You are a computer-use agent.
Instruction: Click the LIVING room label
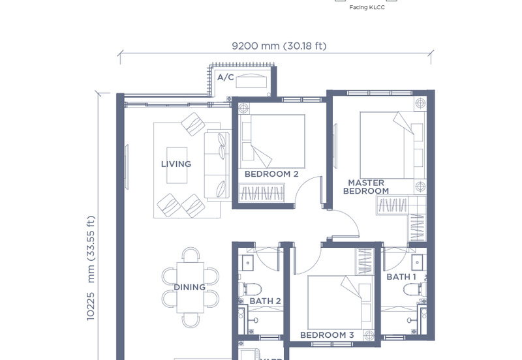(176, 164)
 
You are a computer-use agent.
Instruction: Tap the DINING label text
(189, 287)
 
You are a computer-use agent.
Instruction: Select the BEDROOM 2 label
(271, 174)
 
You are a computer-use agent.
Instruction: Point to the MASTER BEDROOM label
(366, 187)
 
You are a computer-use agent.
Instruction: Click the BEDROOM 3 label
(327, 335)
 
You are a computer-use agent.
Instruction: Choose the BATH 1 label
(401, 277)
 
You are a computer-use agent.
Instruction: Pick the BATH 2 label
(265, 301)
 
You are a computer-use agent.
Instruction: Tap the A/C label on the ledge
(225, 78)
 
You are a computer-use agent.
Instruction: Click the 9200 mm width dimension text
(279, 46)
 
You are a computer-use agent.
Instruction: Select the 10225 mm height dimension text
(91, 267)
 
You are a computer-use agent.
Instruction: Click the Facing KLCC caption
(367, 8)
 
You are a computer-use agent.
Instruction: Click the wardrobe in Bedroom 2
(262, 193)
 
